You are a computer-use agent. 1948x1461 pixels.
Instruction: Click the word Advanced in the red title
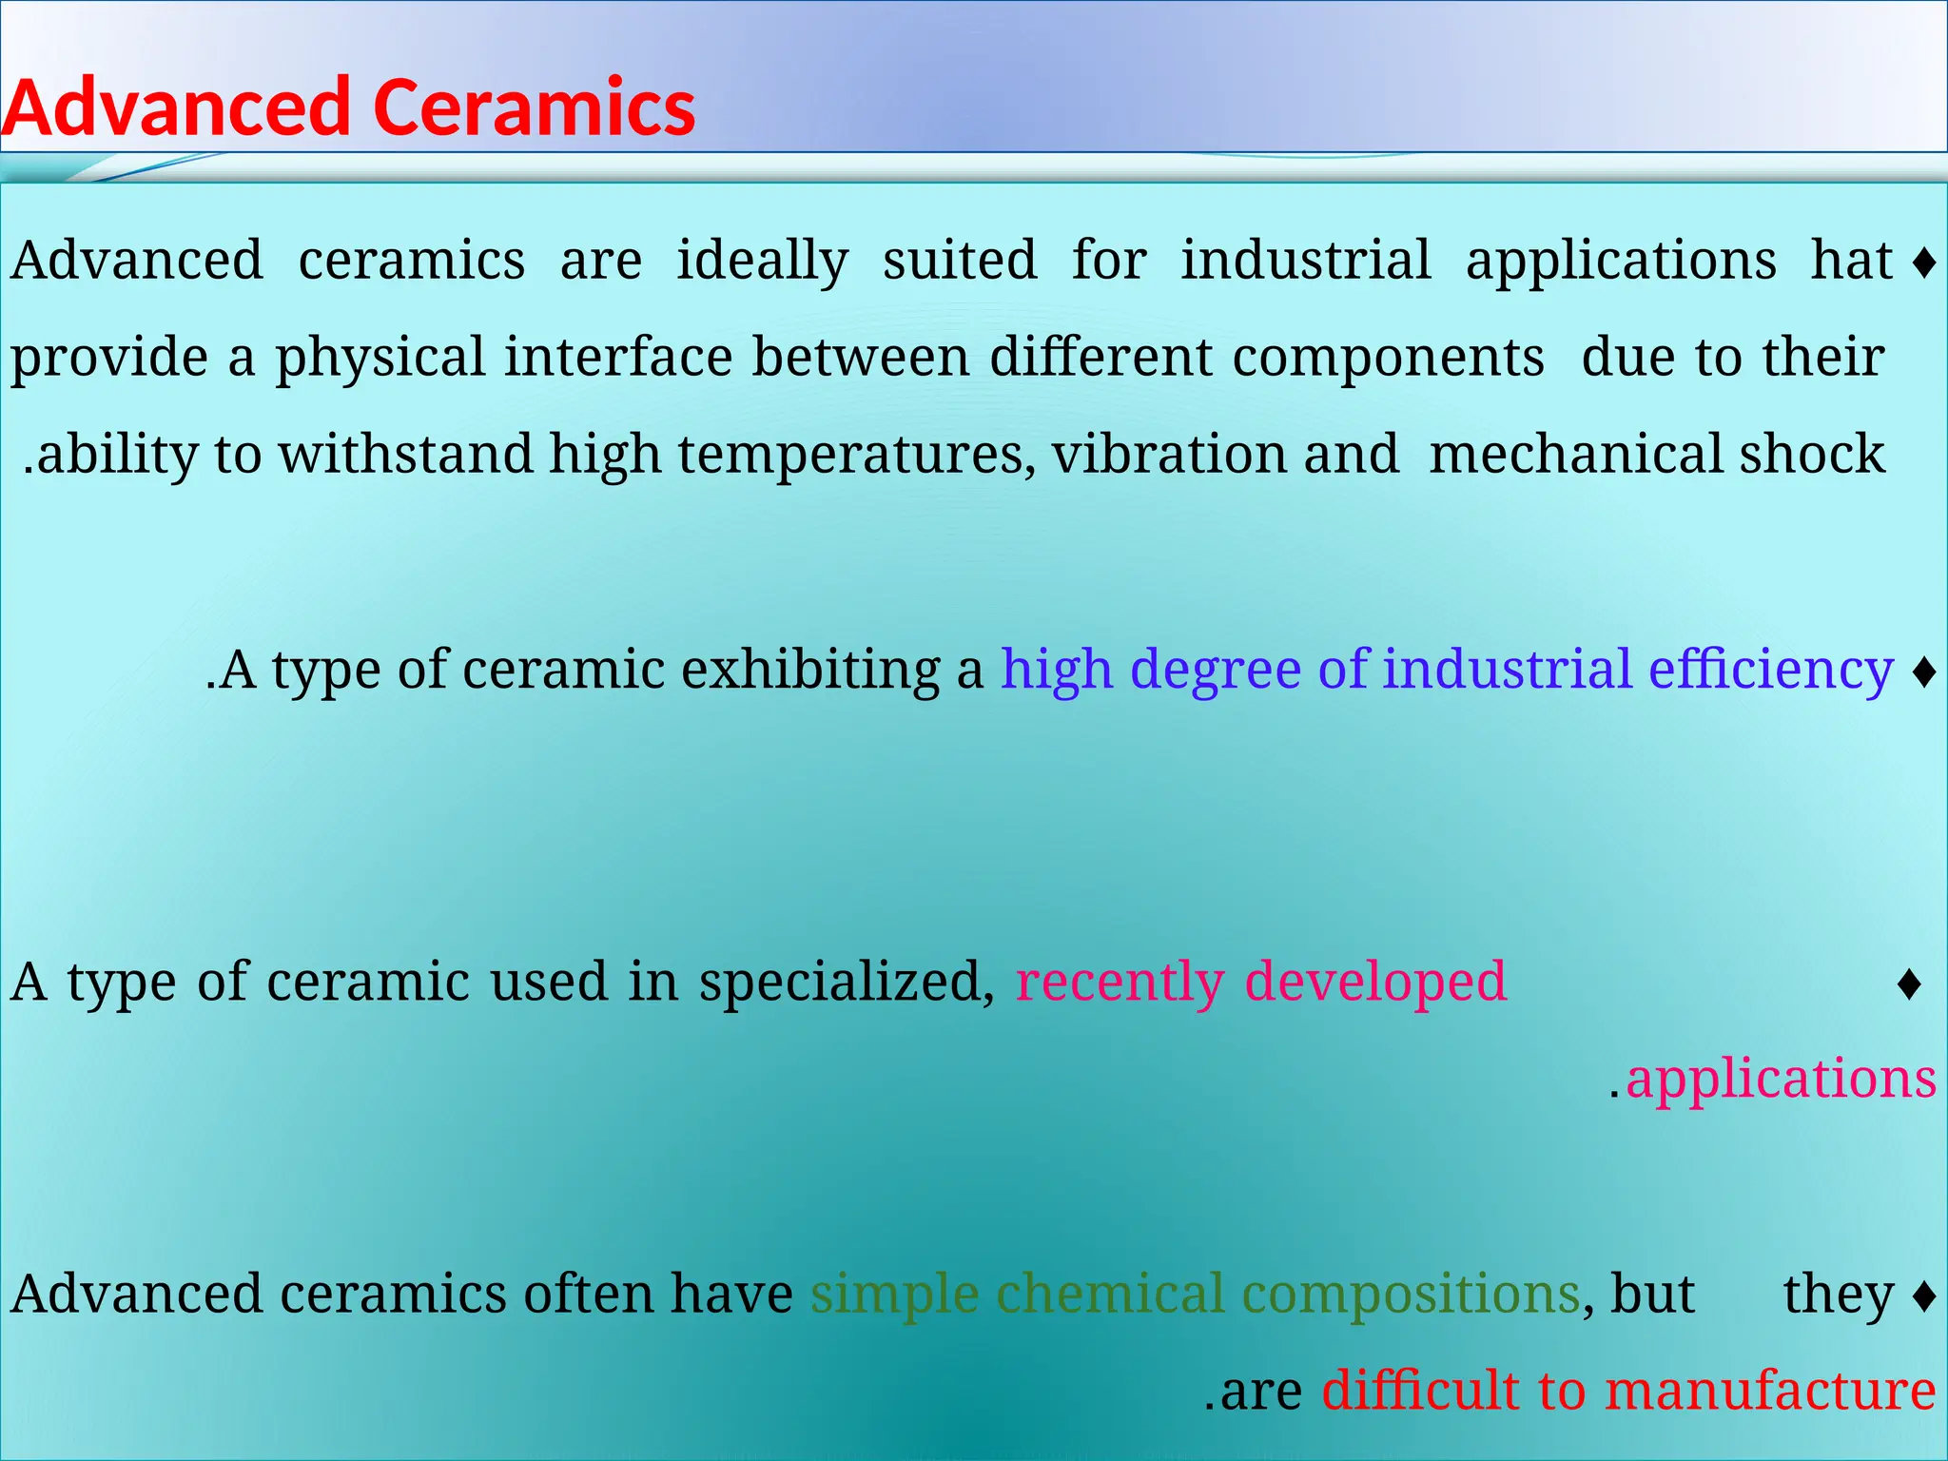click(x=177, y=107)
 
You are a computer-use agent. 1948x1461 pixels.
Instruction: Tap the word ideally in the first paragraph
click(x=762, y=261)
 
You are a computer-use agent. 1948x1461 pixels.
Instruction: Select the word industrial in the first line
click(x=1305, y=261)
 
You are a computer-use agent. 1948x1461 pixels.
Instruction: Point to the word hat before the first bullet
click(x=1851, y=261)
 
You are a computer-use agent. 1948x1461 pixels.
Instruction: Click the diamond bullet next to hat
click(x=1924, y=263)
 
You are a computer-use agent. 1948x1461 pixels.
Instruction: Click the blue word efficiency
click(x=1771, y=670)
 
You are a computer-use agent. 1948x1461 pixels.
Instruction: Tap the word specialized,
click(x=847, y=982)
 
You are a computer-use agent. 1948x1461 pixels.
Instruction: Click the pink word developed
click(x=1375, y=982)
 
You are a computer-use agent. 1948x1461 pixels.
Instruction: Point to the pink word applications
click(x=1781, y=1080)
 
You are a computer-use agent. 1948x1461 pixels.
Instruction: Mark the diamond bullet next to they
click(x=1924, y=1295)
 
